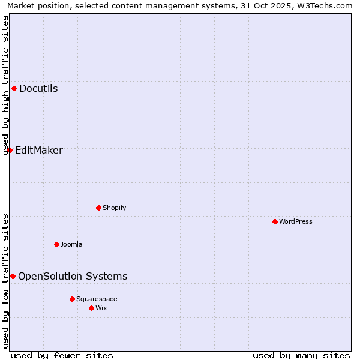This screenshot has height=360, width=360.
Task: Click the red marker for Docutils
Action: tap(14, 89)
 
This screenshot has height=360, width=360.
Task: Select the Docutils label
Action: tap(38, 89)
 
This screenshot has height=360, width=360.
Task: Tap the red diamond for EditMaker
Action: tap(10, 150)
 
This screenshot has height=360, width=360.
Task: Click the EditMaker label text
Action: tap(38, 151)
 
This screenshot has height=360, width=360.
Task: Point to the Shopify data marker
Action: tap(98, 208)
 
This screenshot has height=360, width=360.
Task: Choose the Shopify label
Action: tap(114, 208)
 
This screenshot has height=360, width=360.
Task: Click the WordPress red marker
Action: tap(275, 221)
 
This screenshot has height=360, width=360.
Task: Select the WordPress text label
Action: tap(295, 222)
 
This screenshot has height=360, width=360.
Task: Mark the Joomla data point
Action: tap(56, 244)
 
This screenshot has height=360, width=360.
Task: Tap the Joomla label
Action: tap(71, 245)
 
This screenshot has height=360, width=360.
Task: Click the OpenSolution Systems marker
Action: tap(13, 276)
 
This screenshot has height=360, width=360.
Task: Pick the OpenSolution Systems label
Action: tap(73, 277)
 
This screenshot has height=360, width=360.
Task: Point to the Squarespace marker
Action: tap(72, 299)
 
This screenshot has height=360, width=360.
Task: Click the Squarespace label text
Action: tap(97, 299)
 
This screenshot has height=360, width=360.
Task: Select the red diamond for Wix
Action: tap(91, 308)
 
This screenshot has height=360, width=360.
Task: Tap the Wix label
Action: tap(101, 308)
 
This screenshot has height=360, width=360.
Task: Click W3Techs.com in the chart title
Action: tap(326, 6)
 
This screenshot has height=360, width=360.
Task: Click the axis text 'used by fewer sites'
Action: tap(62, 355)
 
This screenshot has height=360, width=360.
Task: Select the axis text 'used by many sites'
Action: tap(301, 355)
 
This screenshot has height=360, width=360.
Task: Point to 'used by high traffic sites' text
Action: tap(5, 85)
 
